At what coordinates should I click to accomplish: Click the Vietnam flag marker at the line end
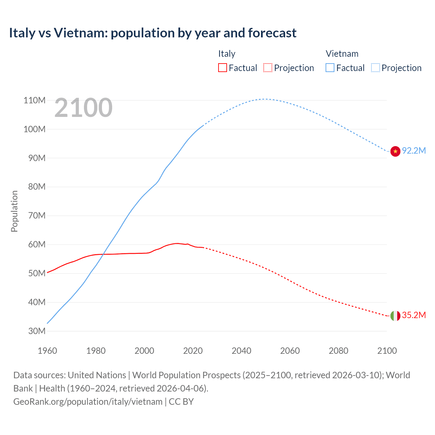(x=395, y=151)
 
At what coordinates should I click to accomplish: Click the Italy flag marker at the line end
(x=395, y=316)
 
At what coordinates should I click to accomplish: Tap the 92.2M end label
(x=414, y=151)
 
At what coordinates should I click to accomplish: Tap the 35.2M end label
(x=414, y=315)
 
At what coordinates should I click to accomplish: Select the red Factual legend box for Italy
(x=222, y=68)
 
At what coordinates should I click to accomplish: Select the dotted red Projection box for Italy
(x=268, y=68)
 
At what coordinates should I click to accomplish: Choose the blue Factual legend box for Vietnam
(x=330, y=68)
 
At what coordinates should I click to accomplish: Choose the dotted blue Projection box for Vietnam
(x=375, y=68)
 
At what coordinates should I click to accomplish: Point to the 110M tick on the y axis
(x=34, y=100)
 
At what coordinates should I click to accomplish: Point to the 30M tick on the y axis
(x=34, y=331)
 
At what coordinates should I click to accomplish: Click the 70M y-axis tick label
(x=34, y=215)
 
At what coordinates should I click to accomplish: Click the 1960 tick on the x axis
(x=47, y=351)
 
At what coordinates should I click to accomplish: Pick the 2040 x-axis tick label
(x=241, y=351)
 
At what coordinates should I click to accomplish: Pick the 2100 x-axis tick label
(x=387, y=351)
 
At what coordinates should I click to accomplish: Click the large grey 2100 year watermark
(x=83, y=108)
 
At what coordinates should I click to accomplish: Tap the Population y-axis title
(x=14, y=211)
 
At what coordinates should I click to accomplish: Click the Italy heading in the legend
(x=227, y=54)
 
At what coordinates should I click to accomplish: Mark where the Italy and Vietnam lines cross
(x=103, y=254)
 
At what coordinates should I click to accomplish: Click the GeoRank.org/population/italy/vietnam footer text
(x=88, y=401)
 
